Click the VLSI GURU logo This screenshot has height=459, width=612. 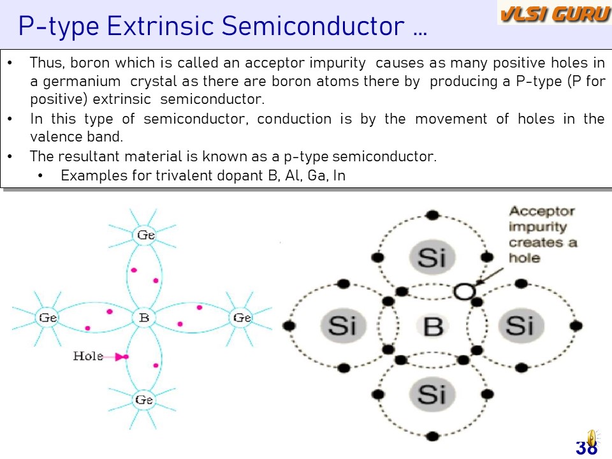(x=554, y=13)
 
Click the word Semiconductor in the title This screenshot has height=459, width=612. (x=313, y=25)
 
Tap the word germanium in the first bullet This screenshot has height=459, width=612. (x=82, y=82)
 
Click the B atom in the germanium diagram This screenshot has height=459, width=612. (x=144, y=317)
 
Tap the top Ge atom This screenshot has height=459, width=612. (x=145, y=235)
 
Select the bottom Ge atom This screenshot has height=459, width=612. (x=144, y=400)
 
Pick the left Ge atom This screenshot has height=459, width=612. (x=48, y=317)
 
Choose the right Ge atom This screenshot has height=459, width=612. (x=242, y=317)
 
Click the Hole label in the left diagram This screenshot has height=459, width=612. (x=88, y=356)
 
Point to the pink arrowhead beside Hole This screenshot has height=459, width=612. (x=121, y=357)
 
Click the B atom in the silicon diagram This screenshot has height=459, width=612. (x=433, y=326)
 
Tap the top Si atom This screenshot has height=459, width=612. (x=432, y=257)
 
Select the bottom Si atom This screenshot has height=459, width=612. (x=432, y=394)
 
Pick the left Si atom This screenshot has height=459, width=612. (x=343, y=325)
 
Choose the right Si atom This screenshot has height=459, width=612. (x=521, y=325)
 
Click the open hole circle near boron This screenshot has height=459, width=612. (x=464, y=291)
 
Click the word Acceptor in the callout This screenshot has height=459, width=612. (x=542, y=212)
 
